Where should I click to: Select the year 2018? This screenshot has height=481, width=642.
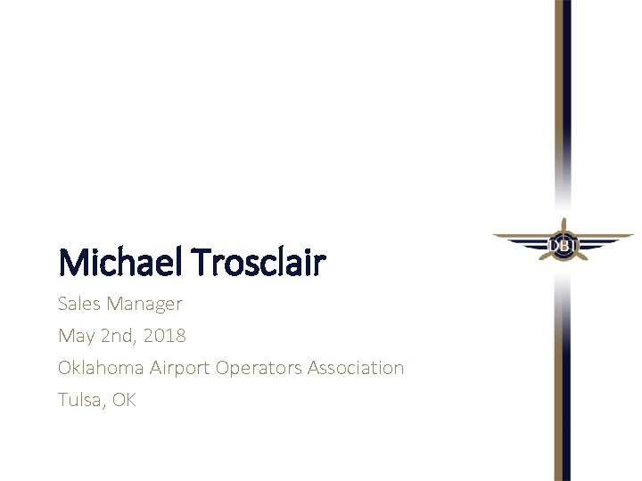click(166, 336)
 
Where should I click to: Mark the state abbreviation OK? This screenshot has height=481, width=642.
click(124, 400)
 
